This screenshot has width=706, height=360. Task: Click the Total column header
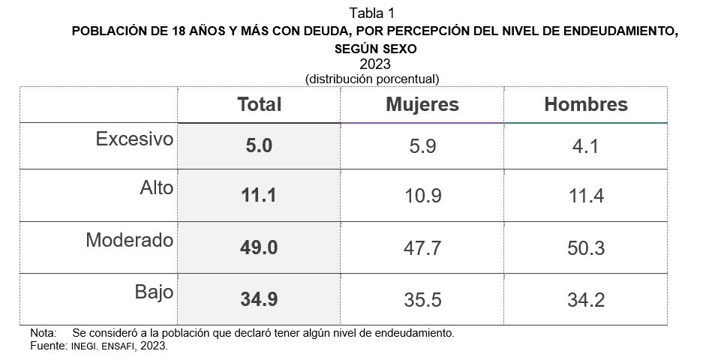click(x=259, y=104)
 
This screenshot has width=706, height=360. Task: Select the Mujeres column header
click(x=422, y=104)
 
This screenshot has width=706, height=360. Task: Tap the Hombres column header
click(x=585, y=104)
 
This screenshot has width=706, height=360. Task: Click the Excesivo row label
click(x=134, y=139)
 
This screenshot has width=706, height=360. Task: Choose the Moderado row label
click(x=129, y=241)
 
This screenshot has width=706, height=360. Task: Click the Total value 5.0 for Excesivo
click(x=259, y=146)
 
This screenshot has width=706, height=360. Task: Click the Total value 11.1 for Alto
click(x=259, y=196)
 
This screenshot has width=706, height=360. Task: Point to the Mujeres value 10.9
click(x=422, y=196)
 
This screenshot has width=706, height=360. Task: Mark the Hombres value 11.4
click(x=585, y=196)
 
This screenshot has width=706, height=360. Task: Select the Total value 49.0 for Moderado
click(x=259, y=247)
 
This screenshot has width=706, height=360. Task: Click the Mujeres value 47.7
click(x=422, y=248)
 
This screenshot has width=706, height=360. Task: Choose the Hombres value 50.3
click(x=585, y=248)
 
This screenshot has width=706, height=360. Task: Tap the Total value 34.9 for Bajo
click(x=259, y=298)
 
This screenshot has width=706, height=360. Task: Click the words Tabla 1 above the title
click(x=372, y=13)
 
